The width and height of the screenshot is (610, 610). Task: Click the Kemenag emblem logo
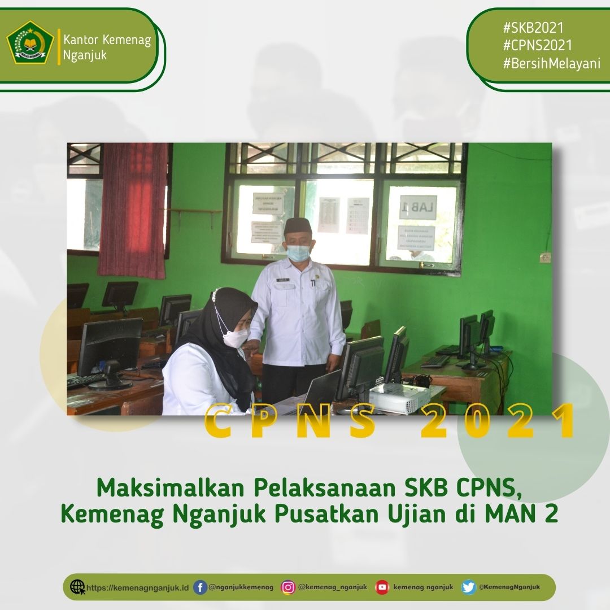pos(29,42)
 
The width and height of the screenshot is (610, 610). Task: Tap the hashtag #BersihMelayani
pos(551,63)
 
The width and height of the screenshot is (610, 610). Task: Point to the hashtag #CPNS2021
pos(537,45)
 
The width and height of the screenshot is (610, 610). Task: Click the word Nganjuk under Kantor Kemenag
pos(85,55)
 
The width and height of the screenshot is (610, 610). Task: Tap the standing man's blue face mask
pos(298,252)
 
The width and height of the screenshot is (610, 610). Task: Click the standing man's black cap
pos(298,226)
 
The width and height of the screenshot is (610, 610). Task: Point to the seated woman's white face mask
pos(236,338)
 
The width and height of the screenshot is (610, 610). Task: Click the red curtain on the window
pos(133,209)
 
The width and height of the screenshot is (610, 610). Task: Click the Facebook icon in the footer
pos(200,587)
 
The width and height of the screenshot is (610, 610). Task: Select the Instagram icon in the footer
pos(288,587)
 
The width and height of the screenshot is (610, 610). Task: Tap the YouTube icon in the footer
pos(382,587)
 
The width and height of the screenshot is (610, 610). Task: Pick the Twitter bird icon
pos(468,587)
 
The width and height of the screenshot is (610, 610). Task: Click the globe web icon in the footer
pos(77,587)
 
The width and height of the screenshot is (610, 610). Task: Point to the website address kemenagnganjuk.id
pos(138,587)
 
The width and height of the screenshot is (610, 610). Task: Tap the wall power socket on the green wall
pos(544,258)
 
